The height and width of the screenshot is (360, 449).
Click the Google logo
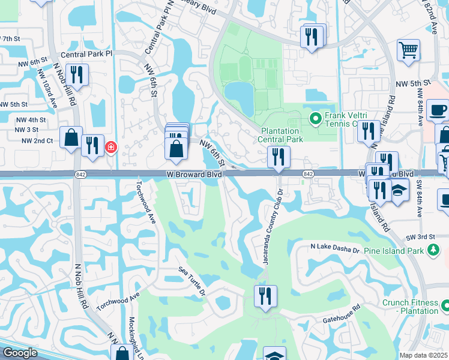(x=19, y=353)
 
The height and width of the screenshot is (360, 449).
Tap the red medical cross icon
(x=111, y=146)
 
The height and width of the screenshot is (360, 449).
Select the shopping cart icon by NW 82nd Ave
(x=408, y=50)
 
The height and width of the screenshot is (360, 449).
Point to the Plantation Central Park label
(x=282, y=139)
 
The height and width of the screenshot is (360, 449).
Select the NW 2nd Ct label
(x=37, y=141)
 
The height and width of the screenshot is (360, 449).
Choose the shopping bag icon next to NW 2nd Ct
(x=71, y=137)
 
